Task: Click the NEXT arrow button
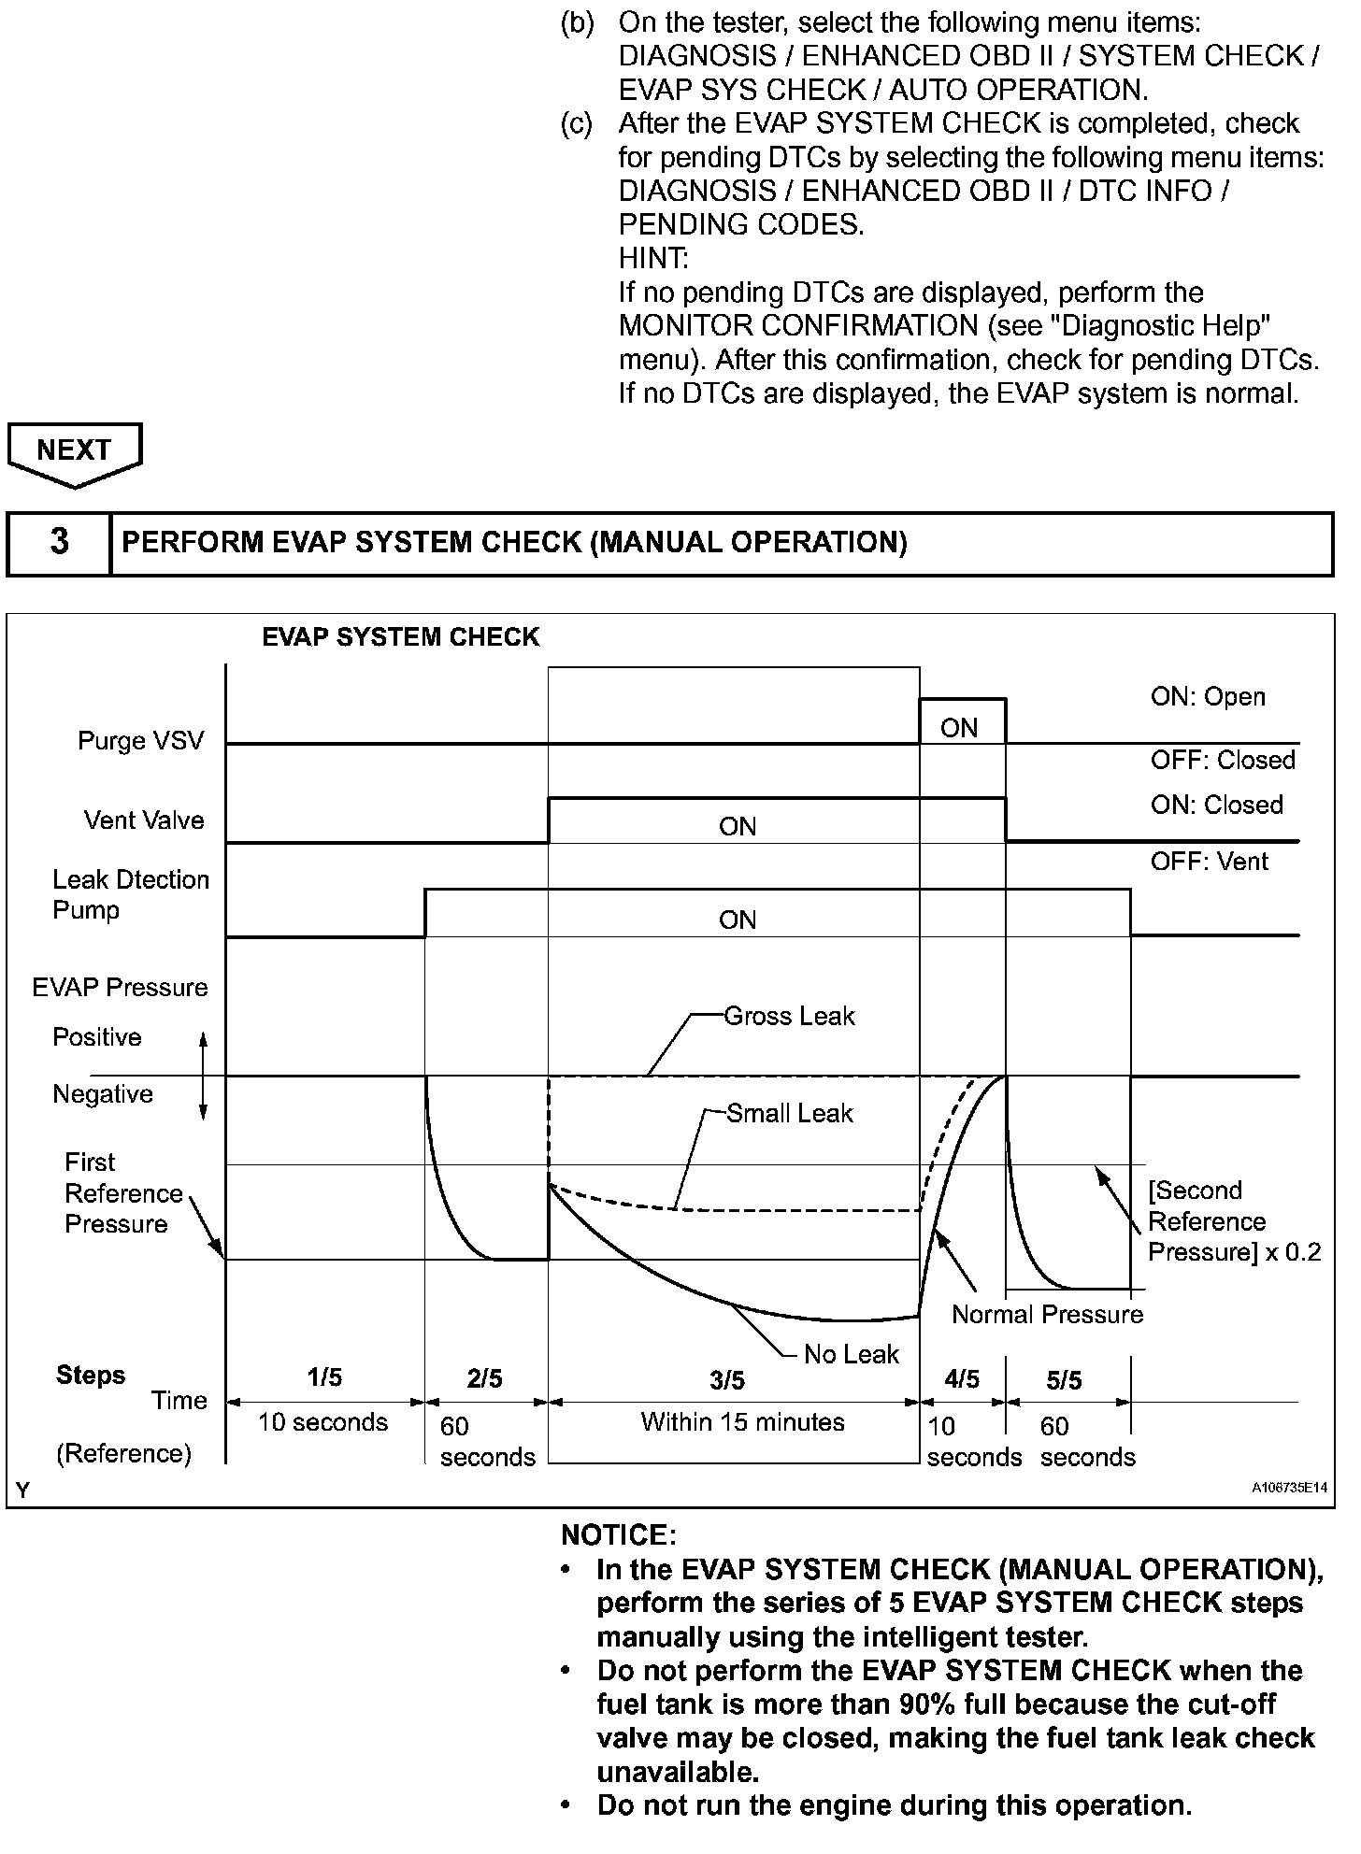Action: click(x=74, y=451)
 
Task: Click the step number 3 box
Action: click(x=59, y=542)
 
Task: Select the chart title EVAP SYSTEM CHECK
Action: click(x=400, y=637)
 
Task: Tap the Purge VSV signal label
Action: click(x=140, y=741)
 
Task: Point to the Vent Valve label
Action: click(x=143, y=820)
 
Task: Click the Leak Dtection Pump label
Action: click(x=130, y=894)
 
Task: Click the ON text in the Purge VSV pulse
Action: click(x=959, y=728)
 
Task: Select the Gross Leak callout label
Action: click(x=789, y=1016)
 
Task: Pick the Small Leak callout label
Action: click(x=790, y=1113)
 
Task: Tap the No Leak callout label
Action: click(x=851, y=1354)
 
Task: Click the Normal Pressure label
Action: click(x=1047, y=1315)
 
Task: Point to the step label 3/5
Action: click(x=727, y=1379)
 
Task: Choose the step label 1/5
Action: click(x=324, y=1377)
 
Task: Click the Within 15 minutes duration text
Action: click(x=742, y=1422)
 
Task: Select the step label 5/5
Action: click(x=1064, y=1379)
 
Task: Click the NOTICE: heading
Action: click(x=618, y=1535)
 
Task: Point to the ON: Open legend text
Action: click(x=1208, y=697)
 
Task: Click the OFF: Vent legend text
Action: click(x=1209, y=861)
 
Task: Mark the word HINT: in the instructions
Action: click(x=652, y=258)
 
